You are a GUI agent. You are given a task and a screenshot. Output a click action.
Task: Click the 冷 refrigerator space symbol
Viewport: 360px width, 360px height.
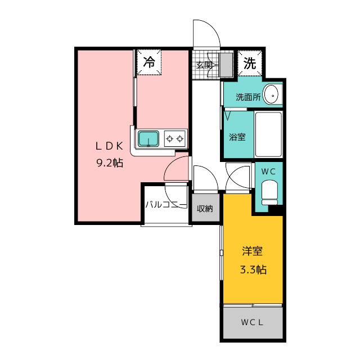(149, 62)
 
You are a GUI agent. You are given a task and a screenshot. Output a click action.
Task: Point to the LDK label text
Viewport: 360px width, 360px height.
(109, 146)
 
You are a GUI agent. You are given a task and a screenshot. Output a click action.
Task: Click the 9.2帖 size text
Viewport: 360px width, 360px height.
(109, 163)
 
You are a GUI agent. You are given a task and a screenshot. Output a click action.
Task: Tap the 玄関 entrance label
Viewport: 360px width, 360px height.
(204, 65)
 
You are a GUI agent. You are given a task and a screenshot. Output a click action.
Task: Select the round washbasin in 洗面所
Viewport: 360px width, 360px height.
(272, 95)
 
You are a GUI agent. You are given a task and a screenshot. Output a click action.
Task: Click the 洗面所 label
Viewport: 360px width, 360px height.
(247, 97)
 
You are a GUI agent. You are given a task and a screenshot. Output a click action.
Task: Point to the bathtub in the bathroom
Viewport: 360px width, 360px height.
(268, 136)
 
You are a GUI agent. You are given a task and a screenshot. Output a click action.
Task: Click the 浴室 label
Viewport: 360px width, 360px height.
(237, 137)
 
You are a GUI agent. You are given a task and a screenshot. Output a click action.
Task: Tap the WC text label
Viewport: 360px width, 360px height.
(268, 171)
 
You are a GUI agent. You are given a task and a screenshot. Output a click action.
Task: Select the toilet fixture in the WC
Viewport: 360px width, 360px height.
(269, 193)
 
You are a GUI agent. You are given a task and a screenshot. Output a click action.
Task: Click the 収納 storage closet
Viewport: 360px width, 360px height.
(204, 209)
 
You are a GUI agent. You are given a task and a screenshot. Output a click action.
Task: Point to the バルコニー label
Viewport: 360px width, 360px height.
(165, 205)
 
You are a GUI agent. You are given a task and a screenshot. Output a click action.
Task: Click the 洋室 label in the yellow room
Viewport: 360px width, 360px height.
(253, 251)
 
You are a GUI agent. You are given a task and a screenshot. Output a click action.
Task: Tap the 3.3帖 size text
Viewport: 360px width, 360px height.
(253, 269)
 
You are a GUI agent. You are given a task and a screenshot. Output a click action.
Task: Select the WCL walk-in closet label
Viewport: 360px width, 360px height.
(253, 323)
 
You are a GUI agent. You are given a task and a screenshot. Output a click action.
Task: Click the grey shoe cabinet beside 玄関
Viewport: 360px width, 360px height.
(226, 65)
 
